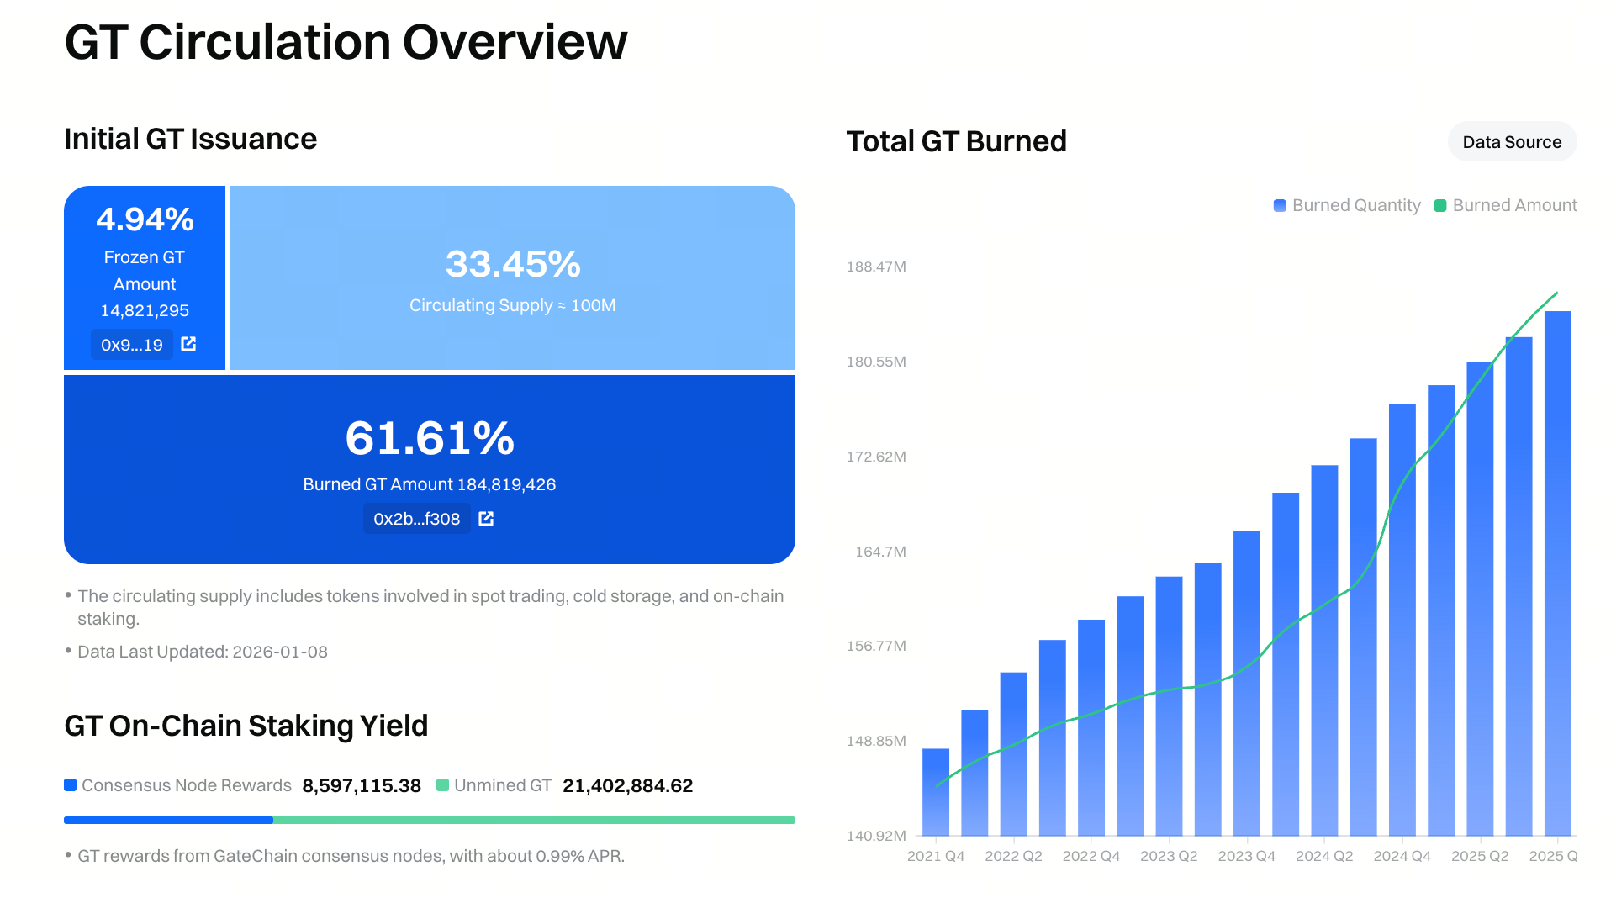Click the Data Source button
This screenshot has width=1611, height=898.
(x=1511, y=142)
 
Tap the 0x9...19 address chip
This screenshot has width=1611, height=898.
(x=132, y=345)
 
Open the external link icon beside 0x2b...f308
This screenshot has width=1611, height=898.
(x=486, y=519)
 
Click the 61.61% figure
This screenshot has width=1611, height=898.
(x=429, y=438)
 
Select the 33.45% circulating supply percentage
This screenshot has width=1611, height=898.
(x=512, y=264)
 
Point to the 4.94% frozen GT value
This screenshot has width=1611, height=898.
(x=145, y=219)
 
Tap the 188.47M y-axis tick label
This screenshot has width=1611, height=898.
(x=876, y=267)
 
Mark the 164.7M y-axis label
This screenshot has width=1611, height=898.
(x=880, y=552)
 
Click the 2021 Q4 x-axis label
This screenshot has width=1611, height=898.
(x=935, y=856)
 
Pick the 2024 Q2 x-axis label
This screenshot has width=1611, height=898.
(x=1323, y=856)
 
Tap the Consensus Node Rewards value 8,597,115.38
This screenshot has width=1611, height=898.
(x=362, y=785)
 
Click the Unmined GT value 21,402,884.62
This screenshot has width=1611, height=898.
(x=627, y=785)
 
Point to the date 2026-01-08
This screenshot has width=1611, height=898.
(x=280, y=652)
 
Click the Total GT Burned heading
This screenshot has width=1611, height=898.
(x=956, y=141)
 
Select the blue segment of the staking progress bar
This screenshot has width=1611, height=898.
(x=168, y=820)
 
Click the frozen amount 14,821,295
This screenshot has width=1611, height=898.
(x=145, y=310)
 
